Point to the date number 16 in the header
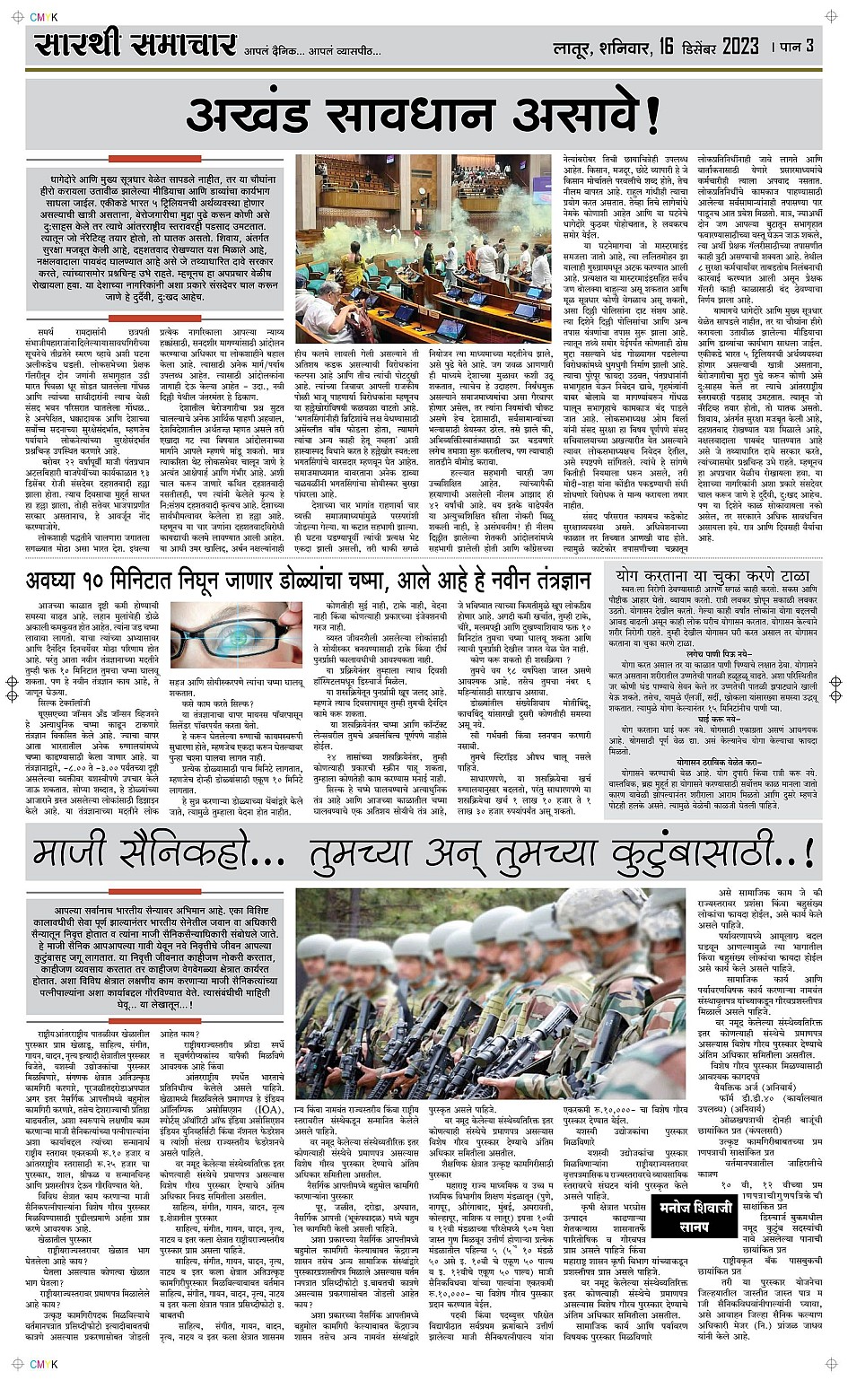(666, 46)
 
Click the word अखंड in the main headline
(254, 116)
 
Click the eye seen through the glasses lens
(237, 638)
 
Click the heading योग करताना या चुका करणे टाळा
(712, 576)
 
